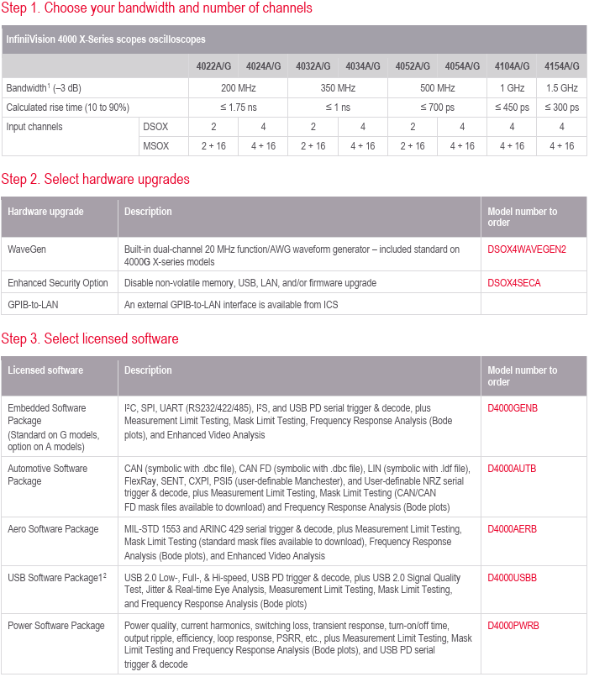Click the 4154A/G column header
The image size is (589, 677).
click(562, 66)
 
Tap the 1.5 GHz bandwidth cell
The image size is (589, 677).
click(562, 87)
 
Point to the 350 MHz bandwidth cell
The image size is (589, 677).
click(337, 87)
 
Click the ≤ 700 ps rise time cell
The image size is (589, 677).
click(437, 107)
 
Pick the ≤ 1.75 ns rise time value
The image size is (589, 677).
click(238, 107)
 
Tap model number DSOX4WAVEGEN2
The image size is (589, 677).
click(527, 249)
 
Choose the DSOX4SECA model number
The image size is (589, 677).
click(514, 283)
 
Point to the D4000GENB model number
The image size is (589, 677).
click(513, 408)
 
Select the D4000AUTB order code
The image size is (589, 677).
click(513, 468)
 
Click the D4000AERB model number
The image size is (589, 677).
click(513, 529)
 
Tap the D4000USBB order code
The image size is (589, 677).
click(513, 577)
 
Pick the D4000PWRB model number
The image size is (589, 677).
click(513, 625)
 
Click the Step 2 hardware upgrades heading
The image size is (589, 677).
click(95, 179)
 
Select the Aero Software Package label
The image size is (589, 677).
click(53, 529)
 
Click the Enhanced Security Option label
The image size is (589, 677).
click(56, 283)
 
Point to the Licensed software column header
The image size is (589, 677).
click(45, 370)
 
